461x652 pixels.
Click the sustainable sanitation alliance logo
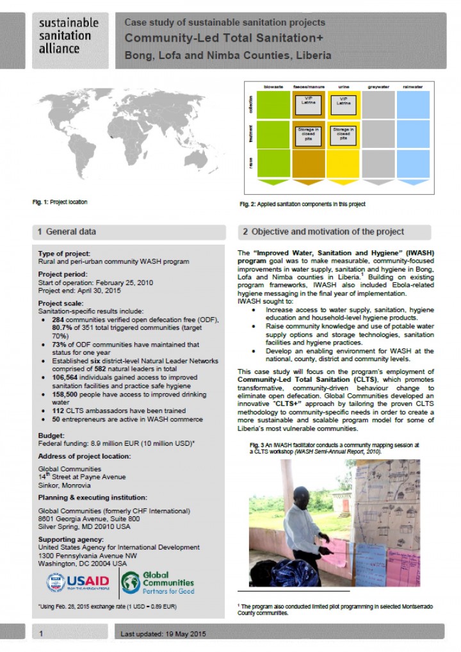pyautogui.click(x=69, y=37)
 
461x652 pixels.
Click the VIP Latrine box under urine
pyautogui.click(x=344, y=101)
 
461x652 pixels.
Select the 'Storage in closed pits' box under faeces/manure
pyautogui.click(x=308, y=134)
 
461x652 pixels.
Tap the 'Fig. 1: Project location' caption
pyautogui.click(x=60, y=202)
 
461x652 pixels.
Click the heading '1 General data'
pyautogui.click(x=67, y=231)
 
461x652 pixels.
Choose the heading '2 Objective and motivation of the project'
pyautogui.click(x=323, y=231)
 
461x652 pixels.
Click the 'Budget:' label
pyautogui.click(x=52, y=436)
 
